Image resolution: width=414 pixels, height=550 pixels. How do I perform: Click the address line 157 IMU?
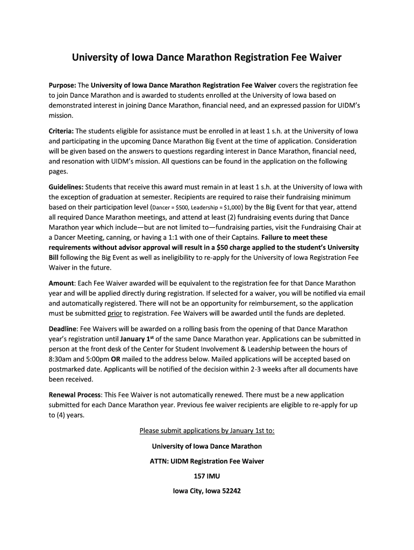pos(207,476)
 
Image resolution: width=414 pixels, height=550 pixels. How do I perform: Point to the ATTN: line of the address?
pos(207,461)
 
